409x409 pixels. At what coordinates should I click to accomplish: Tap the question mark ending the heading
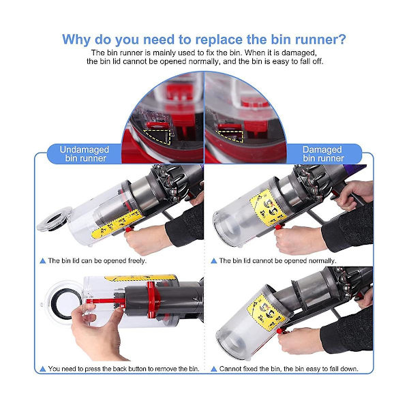342,40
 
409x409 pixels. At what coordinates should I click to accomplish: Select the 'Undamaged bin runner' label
85,154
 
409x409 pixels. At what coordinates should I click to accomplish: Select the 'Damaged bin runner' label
323,154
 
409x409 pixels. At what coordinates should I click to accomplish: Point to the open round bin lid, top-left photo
55,219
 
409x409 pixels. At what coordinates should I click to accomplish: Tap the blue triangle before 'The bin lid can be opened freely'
43,261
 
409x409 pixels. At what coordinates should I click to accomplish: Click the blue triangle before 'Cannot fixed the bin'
214,369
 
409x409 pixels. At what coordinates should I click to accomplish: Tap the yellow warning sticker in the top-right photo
267,208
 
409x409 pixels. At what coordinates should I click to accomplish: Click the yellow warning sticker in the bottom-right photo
266,312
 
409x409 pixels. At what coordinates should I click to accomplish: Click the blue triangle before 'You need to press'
43,369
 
